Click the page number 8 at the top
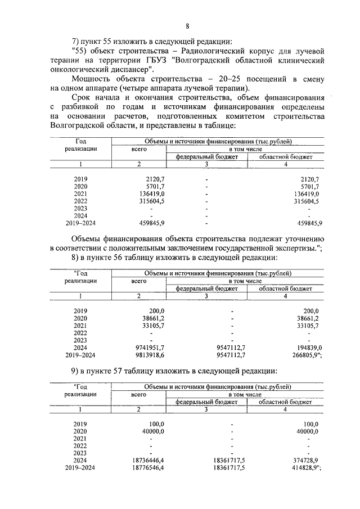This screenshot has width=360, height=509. [x=187, y=25]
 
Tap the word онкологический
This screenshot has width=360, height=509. [x=76, y=70]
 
